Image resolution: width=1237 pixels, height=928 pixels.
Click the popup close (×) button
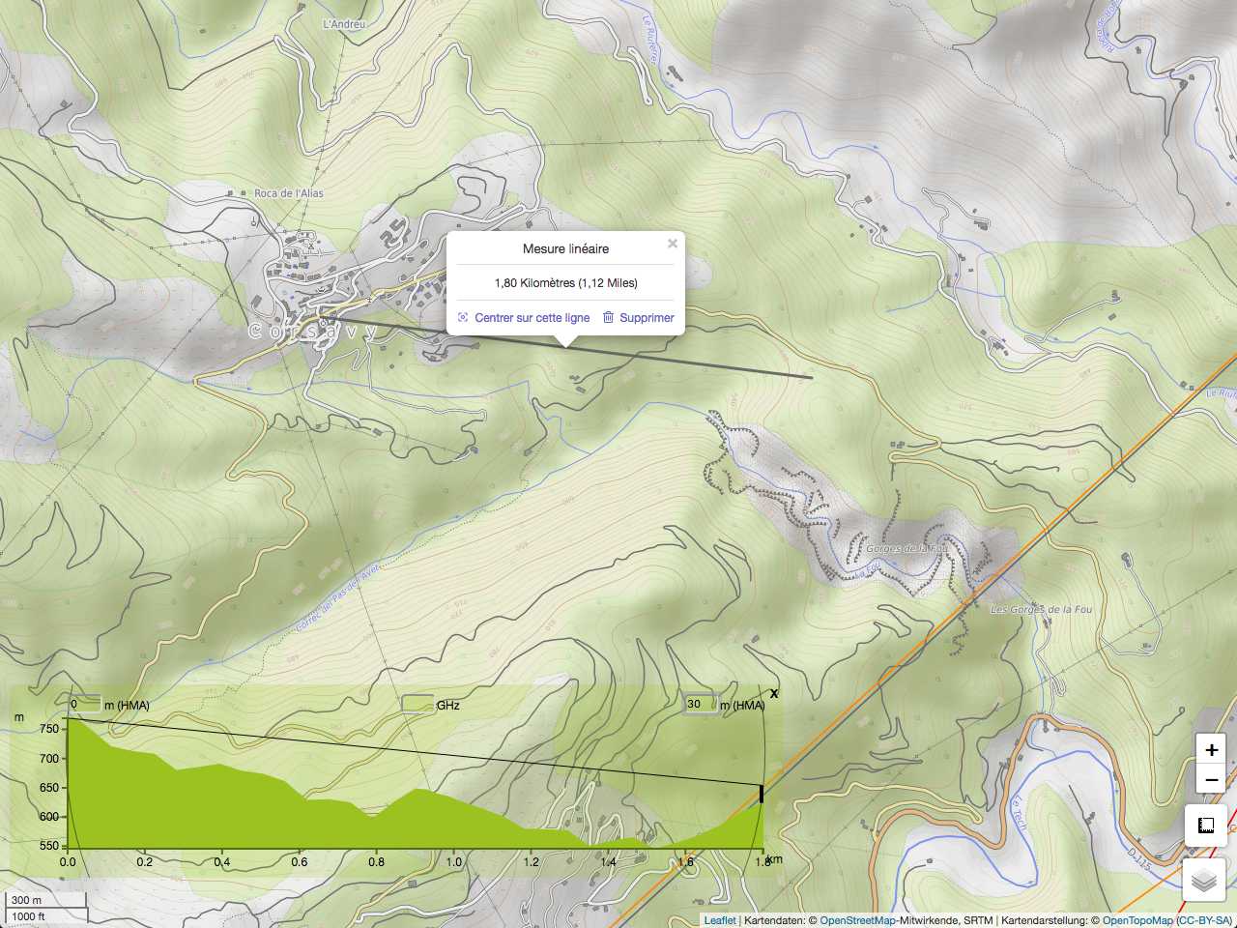[673, 244]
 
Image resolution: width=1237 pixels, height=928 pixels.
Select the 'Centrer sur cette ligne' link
[532, 318]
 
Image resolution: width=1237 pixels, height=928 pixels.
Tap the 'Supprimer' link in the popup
[647, 318]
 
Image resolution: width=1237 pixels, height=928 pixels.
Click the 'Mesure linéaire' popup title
[565, 249]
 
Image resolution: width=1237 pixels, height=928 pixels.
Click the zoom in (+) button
[1211, 750]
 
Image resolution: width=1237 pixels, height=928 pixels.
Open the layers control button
[1204, 881]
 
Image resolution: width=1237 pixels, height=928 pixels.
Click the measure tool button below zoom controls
[1205, 826]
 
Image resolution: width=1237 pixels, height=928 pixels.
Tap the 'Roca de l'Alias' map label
[288, 193]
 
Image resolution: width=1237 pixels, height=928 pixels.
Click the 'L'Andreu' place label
[344, 24]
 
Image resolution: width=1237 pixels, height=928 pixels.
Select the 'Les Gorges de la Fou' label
[1041, 610]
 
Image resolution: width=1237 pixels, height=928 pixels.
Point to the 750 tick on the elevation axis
[49, 730]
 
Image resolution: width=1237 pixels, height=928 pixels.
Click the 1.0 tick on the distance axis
[454, 861]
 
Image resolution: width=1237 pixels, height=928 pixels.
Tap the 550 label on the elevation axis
[49, 847]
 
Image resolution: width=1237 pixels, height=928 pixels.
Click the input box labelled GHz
[417, 705]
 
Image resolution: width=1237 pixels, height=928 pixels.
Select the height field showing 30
[700, 705]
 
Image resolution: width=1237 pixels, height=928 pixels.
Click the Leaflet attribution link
[719, 920]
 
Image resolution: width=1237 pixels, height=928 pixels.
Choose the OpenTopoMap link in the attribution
[1136, 920]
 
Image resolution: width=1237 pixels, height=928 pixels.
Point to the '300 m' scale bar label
[27, 901]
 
